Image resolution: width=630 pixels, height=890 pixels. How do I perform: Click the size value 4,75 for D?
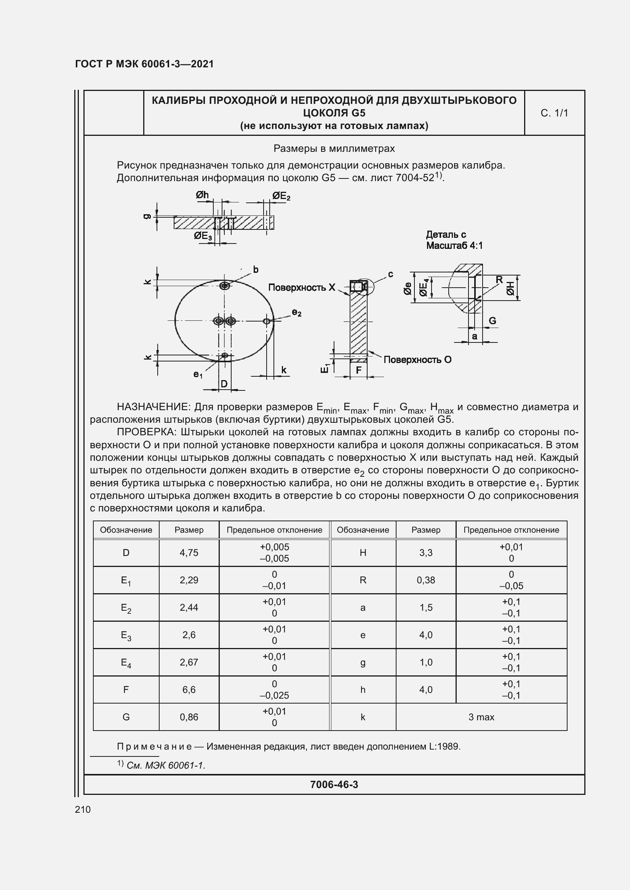tap(189, 552)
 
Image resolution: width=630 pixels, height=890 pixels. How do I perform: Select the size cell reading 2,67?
tap(189, 662)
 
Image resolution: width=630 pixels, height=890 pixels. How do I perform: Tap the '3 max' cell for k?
tap(481, 717)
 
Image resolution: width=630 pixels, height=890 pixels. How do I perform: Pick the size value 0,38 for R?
tap(425, 580)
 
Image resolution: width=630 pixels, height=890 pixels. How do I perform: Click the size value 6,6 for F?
tap(189, 689)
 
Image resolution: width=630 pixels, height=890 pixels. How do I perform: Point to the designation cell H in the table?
tap(363, 552)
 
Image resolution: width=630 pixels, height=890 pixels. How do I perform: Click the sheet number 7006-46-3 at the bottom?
tap(334, 785)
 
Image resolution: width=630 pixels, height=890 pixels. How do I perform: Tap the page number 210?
tap(83, 809)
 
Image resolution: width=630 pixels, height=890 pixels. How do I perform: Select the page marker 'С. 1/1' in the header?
tap(554, 113)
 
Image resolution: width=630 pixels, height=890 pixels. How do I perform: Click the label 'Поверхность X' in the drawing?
tap(301, 287)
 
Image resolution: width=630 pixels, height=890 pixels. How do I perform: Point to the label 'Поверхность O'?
tap(417, 360)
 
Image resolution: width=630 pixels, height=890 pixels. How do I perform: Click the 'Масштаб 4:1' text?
tap(454, 245)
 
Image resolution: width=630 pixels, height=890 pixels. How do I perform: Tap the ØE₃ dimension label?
tap(203, 236)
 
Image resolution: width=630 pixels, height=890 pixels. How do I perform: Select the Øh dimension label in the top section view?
tap(202, 195)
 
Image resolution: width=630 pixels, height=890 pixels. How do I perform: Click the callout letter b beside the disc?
tap(256, 269)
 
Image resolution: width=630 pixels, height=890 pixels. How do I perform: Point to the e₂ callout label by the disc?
tap(297, 313)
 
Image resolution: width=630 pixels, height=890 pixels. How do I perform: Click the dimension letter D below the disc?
tap(224, 384)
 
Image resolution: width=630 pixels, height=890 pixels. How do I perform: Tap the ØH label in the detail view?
tap(510, 288)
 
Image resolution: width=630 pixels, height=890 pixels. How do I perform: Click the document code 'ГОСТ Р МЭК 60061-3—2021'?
tap(144, 64)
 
